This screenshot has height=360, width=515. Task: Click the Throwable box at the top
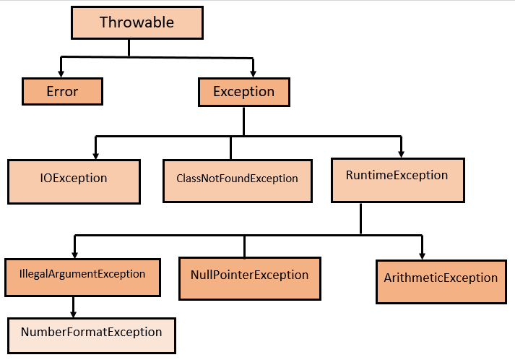point(137,22)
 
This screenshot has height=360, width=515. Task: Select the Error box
point(61,92)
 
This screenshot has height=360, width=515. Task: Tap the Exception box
point(243,92)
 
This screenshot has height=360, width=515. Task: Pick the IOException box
point(74,179)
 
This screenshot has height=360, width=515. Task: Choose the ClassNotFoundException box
point(237,179)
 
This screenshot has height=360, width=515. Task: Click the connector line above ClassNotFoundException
point(230,148)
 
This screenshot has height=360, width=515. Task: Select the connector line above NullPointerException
point(244,246)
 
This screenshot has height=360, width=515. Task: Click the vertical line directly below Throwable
point(129,48)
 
